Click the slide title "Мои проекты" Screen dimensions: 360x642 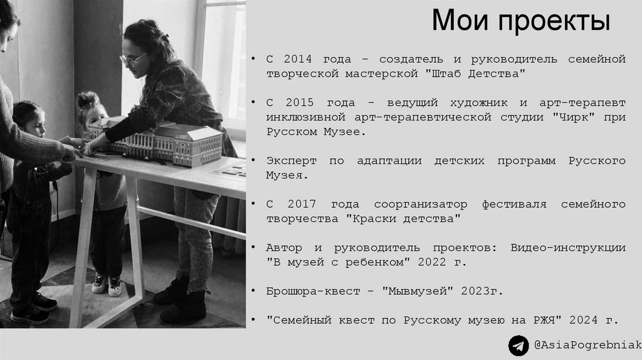520,22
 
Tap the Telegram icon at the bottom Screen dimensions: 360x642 518,346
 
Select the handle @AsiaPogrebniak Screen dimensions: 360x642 587,346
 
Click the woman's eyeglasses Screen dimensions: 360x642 133,59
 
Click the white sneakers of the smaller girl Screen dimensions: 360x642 107,285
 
